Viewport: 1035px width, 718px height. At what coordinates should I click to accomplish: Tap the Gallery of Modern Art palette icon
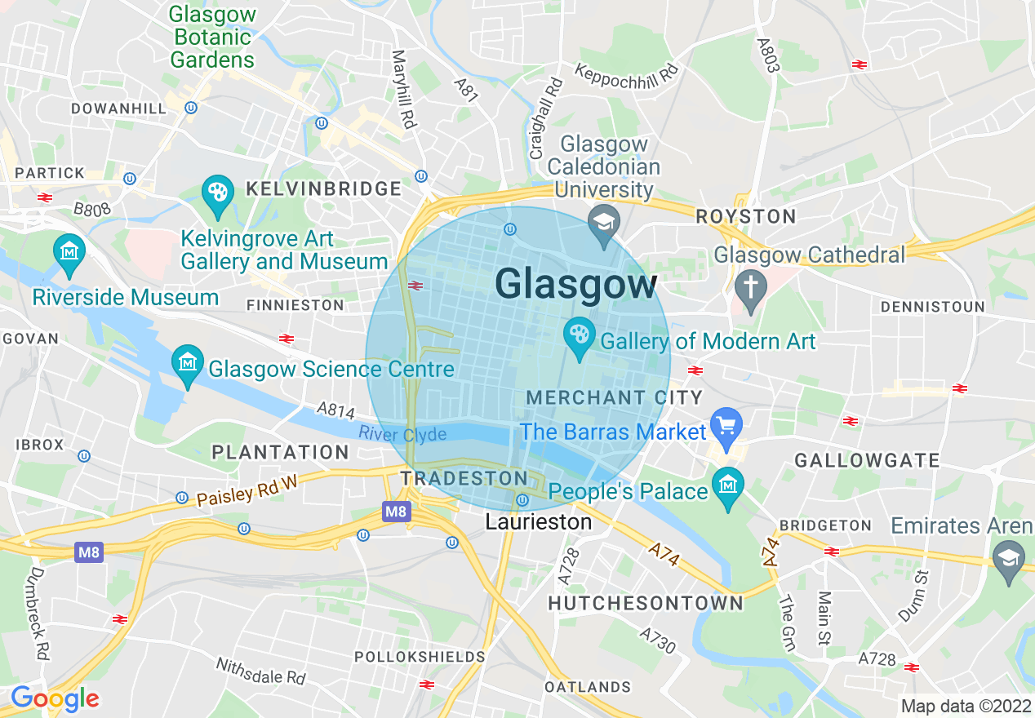(580, 335)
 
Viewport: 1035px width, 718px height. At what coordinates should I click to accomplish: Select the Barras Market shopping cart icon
(726, 425)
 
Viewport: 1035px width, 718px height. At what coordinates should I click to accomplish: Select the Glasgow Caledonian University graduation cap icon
(604, 221)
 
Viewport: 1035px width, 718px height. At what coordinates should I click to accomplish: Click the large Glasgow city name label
(575, 285)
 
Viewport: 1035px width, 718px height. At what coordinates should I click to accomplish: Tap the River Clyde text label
(402, 433)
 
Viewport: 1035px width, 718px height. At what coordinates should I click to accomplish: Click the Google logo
(55, 698)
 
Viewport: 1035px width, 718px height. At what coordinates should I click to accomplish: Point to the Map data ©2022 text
(966, 706)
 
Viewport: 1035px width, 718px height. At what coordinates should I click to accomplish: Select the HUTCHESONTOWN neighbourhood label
(646, 603)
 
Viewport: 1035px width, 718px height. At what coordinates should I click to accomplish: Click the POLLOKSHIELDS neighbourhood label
(420, 656)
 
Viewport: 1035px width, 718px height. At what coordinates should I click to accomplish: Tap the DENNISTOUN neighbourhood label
(932, 307)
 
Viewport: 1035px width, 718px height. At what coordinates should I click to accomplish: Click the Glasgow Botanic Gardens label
(213, 38)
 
